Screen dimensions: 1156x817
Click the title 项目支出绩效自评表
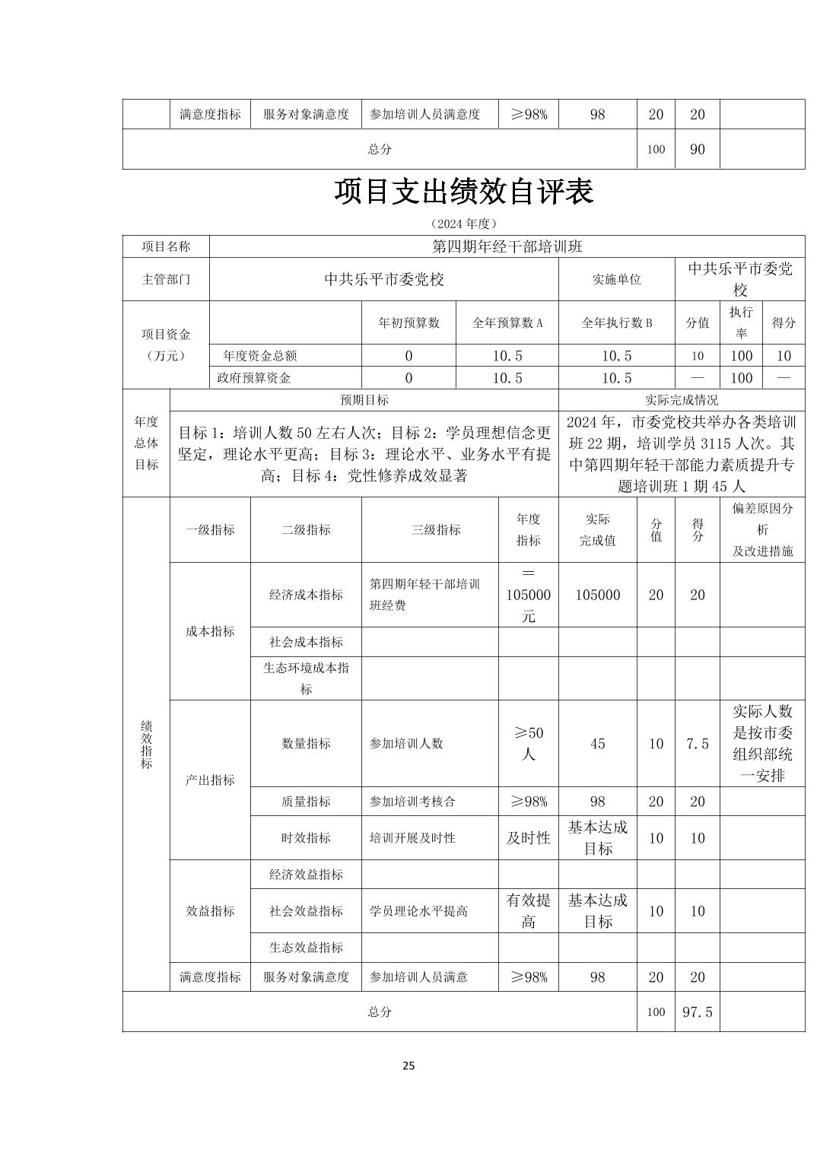click(x=463, y=192)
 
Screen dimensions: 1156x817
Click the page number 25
click(x=408, y=1065)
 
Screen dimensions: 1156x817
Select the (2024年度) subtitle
click(x=463, y=224)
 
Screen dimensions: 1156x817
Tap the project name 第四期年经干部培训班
click(x=507, y=246)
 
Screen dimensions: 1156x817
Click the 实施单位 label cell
click(x=616, y=279)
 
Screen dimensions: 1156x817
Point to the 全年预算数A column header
click(x=507, y=322)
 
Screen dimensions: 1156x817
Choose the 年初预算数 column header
click(x=409, y=322)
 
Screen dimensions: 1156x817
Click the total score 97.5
click(x=697, y=1011)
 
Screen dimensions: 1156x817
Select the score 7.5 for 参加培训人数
click(x=697, y=744)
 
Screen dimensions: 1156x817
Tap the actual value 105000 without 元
click(x=597, y=595)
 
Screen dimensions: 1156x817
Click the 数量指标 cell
click(x=306, y=744)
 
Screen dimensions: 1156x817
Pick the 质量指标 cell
click(x=306, y=802)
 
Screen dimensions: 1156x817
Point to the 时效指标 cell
click(x=306, y=838)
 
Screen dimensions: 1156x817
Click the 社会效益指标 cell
click(x=306, y=911)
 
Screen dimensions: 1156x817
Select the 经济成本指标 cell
click(x=306, y=595)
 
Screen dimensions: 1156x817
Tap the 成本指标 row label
click(x=210, y=631)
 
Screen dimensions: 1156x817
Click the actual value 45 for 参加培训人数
click(x=597, y=744)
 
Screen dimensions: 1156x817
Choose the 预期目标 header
click(x=364, y=400)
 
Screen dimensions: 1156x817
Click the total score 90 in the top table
click(x=697, y=149)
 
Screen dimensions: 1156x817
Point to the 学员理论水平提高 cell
click(x=418, y=911)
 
